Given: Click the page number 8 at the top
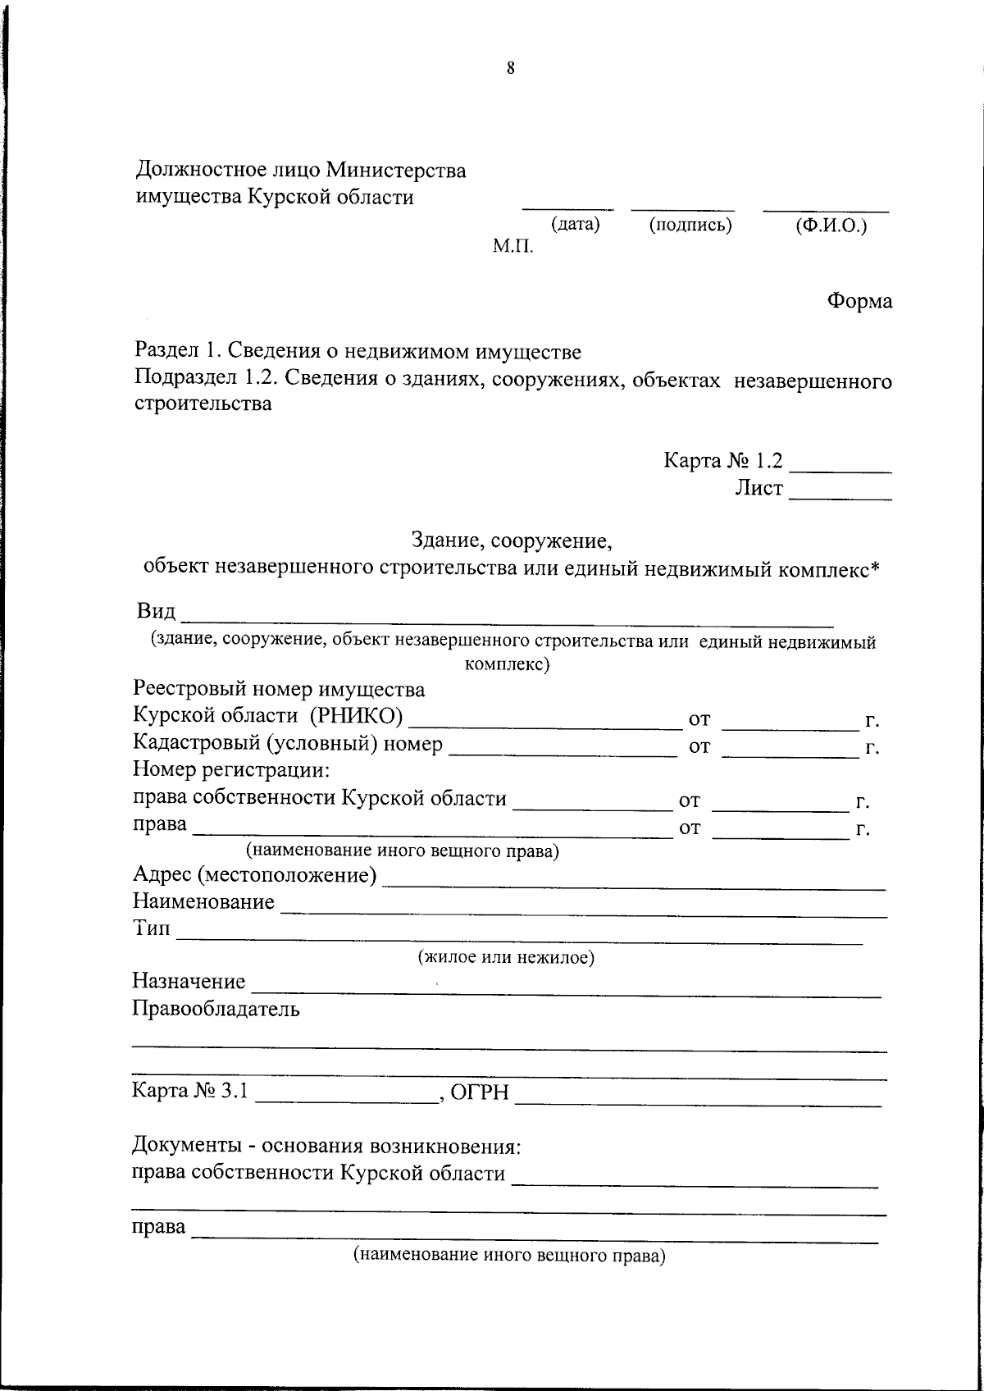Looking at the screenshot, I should [x=510, y=69].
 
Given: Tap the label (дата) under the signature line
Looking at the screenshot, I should [x=576, y=224].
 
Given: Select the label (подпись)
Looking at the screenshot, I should [x=690, y=225].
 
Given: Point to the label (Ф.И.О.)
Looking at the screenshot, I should [x=831, y=226].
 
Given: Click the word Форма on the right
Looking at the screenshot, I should [x=859, y=301].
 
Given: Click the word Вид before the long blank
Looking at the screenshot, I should [x=156, y=613].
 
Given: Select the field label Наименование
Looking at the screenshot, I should [x=203, y=902].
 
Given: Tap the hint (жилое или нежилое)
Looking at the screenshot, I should [x=506, y=956].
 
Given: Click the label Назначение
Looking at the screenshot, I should [x=189, y=981].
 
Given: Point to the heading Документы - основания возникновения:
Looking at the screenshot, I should [x=327, y=1145].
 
